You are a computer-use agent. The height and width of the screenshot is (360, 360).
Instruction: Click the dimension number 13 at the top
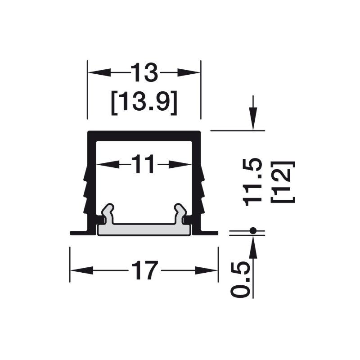144,72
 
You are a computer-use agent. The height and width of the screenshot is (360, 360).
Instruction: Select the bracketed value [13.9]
144,103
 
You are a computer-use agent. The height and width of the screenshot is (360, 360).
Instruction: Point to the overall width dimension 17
144,270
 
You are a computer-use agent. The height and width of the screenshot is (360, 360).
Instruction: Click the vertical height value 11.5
252,182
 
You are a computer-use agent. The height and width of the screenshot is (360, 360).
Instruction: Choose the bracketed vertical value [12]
283,182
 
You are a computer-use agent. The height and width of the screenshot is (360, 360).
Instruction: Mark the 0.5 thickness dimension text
240,280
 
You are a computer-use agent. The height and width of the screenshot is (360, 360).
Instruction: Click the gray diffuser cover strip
144,229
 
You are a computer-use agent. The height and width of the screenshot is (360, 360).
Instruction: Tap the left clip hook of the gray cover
108,213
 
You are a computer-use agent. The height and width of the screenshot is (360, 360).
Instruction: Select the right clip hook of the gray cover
180,213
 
